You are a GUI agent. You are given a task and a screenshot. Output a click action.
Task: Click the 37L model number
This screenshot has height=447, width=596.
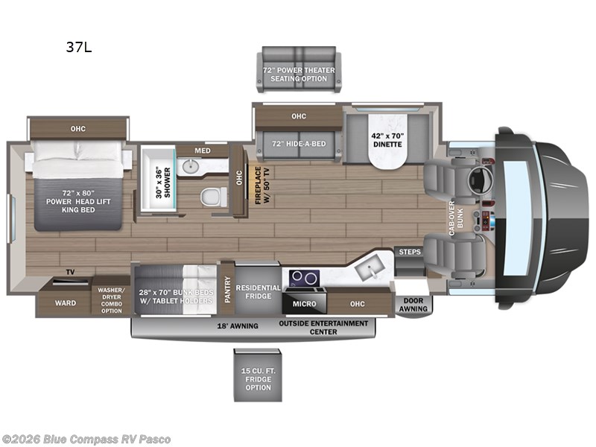click(x=77, y=49)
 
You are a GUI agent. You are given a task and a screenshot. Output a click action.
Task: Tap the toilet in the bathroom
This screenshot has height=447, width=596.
click(x=213, y=197)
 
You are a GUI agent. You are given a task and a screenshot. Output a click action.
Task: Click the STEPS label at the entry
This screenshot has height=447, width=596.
click(x=409, y=252)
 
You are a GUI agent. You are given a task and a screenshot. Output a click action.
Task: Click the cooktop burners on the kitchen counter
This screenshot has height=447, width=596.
click(x=303, y=278)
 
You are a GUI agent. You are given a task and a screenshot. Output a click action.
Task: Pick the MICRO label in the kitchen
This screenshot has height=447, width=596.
click(x=303, y=303)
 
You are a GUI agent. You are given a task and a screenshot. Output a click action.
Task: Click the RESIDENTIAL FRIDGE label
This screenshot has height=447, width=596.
click(x=258, y=291)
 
